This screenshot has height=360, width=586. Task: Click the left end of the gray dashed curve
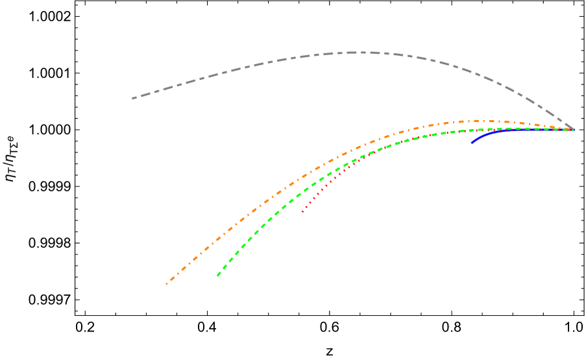click(133, 99)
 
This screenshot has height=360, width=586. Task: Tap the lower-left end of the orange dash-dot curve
click(167, 283)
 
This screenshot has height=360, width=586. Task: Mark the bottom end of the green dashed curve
click(217, 276)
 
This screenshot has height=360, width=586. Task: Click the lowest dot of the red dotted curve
click(302, 211)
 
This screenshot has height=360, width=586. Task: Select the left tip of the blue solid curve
click(472, 142)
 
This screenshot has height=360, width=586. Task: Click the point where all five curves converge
click(573, 130)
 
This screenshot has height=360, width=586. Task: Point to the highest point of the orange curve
click(477, 121)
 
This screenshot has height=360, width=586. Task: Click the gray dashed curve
click(260, 64)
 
